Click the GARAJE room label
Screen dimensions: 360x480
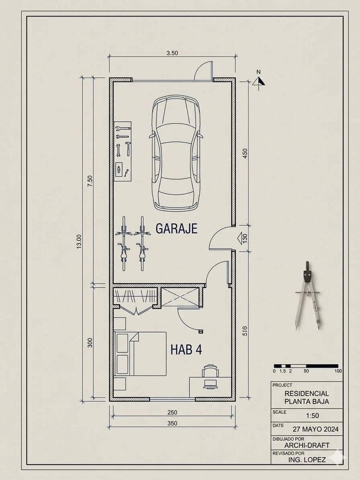(x=176, y=229)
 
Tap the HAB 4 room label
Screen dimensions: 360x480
(x=186, y=349)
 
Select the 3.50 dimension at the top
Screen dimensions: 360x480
(x=172, y=53)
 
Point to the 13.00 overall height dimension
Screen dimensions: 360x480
(x=79, y=241)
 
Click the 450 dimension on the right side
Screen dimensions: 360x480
(x=245, y=153)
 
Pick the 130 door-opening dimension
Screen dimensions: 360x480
(x=244, y=239)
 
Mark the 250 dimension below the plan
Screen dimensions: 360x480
(x=172, y=413)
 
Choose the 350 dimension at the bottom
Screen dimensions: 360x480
(x=172, y=423)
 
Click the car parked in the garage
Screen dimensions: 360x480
(x=176, y=153)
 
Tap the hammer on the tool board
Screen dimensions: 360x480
(x=128, y=149)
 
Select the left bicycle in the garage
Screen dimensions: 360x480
(x=124, y=244)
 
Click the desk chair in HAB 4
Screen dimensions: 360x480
(x=210, y=376)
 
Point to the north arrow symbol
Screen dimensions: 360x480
(x=259, y=80)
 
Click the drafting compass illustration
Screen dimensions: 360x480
(x=308, y=295)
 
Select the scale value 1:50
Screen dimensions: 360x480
(x=313, y=416)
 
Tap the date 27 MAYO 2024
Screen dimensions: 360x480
(x=316, y=429)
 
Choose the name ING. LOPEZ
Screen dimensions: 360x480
(x=307, y=460)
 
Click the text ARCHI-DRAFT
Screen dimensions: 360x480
(x=307, y=445)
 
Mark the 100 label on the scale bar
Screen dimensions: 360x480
(x=338, y=371)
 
